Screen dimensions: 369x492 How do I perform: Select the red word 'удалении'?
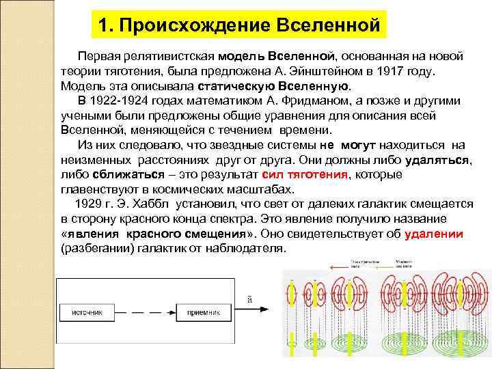coord(434,234)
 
